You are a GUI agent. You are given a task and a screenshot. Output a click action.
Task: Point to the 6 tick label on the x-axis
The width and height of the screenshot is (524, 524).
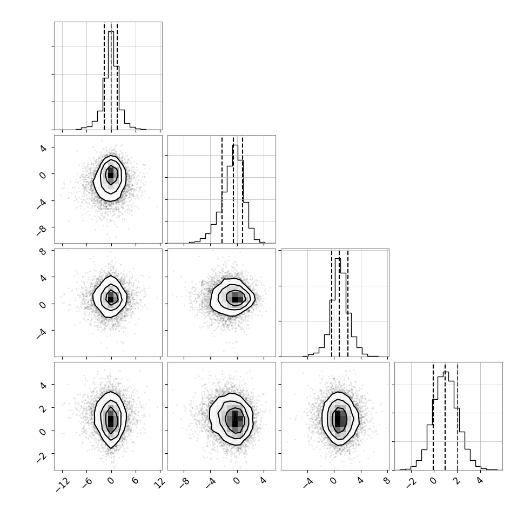[135, 481]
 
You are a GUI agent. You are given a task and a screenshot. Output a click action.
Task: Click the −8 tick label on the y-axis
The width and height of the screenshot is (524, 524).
[42, 231]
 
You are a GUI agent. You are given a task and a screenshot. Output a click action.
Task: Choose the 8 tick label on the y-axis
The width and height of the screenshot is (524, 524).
[43, 251]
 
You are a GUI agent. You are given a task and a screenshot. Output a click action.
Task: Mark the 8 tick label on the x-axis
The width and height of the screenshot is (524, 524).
[387, 481]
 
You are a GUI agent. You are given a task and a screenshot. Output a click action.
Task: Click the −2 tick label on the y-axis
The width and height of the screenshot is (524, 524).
[42, 457]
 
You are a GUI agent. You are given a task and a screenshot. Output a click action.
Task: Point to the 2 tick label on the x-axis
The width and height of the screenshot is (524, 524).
[457, 481]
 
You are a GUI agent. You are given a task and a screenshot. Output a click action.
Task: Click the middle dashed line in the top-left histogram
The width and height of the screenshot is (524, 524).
[111, 76]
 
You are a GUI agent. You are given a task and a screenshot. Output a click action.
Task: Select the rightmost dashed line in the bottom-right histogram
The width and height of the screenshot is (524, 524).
[458, 416]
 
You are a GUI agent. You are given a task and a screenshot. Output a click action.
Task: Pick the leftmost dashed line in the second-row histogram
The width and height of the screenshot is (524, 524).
[222, 190]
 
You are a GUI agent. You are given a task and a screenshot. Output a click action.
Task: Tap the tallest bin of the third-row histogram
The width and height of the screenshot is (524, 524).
[338, 307]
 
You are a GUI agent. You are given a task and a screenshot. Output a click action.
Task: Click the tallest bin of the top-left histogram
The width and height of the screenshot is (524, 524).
[111, 80]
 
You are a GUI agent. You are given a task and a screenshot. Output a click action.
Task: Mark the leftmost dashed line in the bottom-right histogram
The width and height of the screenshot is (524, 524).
[433, 416]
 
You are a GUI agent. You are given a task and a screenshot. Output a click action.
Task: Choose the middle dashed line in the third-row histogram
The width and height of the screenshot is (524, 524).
[339, 303]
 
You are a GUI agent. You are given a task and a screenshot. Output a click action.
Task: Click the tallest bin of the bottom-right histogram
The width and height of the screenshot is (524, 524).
[446, 421]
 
